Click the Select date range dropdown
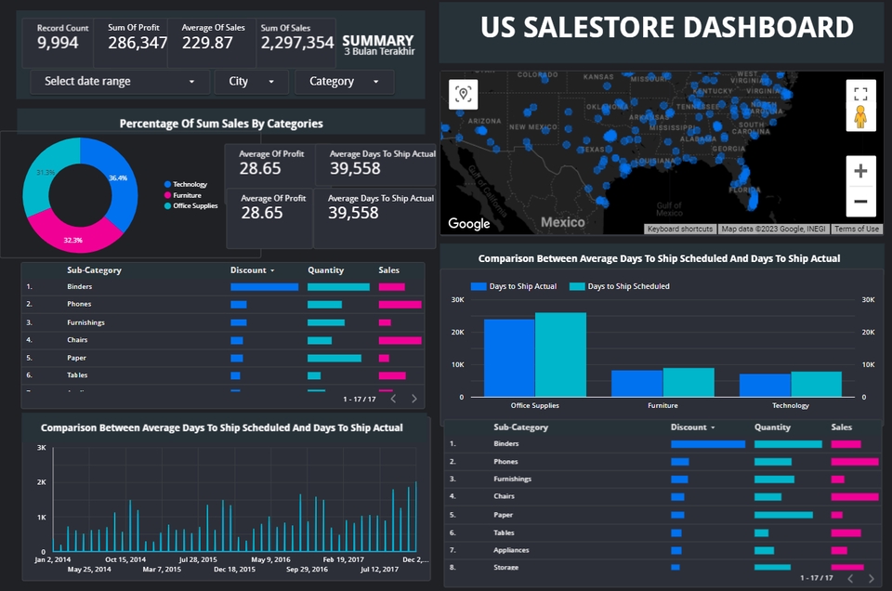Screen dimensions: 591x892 (119, 82)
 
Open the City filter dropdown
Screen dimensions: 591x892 (251, 82)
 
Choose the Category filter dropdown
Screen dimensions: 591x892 (344, 82)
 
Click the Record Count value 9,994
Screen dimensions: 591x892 (58, 43)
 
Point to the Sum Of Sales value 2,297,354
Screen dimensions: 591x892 (296, 43)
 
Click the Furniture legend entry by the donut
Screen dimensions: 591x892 (186, 195)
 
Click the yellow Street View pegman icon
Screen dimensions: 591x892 (860, 116)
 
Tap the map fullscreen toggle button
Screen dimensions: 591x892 (860, 93)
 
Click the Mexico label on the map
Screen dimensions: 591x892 (563, 222)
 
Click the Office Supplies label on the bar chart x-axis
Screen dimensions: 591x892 (535, 405)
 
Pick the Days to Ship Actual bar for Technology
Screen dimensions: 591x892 (765, 385)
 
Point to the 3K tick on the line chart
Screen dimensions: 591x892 (41, 448)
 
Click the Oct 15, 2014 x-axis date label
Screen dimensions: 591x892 (125, 559)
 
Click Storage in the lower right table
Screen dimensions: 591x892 (506, 567)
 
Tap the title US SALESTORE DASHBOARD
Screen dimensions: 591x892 (666, 28)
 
